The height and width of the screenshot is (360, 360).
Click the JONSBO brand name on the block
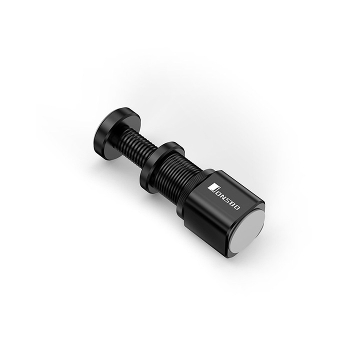click(225, 195)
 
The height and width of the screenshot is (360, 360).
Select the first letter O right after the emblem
click(218, 190)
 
